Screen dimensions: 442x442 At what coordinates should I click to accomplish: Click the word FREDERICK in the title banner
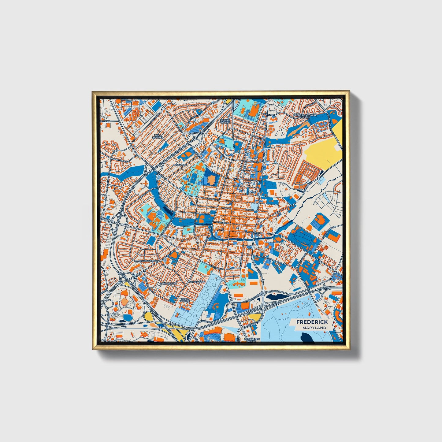(312, 322)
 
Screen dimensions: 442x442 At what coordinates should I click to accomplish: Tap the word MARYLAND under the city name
(314, 328)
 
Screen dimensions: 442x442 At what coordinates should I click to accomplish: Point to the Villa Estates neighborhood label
(158, 136)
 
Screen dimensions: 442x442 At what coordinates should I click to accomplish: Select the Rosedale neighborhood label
(180, 165)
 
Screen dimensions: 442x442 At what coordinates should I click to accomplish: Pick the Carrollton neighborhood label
(168, 284)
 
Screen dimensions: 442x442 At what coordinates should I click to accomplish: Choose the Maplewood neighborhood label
(196, 281)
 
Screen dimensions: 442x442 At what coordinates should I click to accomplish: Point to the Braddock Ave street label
(148, 261)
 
